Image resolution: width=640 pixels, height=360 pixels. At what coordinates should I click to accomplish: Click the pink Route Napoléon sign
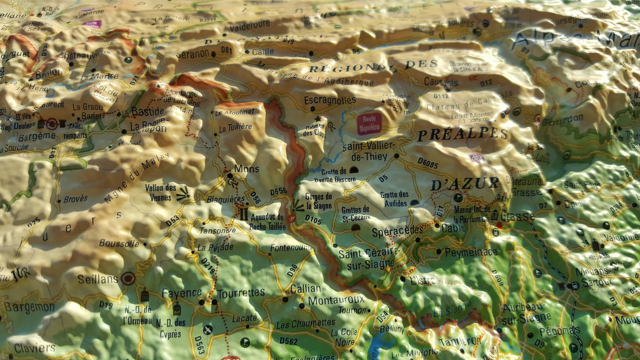pos(369,124)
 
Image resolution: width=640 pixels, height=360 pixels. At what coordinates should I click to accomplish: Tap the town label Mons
pos(247,169)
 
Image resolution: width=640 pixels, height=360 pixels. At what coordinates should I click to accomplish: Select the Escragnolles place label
pos(330,101)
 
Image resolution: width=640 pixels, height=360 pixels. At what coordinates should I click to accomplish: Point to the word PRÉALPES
pos(463,134)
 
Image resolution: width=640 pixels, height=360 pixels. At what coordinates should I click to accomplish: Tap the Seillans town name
pos(97,279)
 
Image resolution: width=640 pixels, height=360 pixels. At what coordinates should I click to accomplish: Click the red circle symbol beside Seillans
pos(128,279)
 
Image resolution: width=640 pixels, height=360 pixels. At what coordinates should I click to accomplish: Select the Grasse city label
pos(518,216)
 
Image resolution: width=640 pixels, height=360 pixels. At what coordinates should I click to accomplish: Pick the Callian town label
pos(305,289)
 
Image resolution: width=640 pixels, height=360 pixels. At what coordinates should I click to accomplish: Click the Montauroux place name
pos(336,300)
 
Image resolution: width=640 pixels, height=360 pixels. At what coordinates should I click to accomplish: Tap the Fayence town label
pos(181,293)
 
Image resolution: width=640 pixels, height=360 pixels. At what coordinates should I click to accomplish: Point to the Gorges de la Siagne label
pos(318,201)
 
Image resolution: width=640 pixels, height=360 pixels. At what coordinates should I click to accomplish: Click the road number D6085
pos(428,163)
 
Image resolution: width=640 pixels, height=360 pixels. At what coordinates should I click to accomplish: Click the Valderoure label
pos(250,26)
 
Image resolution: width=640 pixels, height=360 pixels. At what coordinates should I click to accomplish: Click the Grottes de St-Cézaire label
pos(355,214)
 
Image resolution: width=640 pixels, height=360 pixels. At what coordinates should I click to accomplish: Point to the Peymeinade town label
pos(471,252)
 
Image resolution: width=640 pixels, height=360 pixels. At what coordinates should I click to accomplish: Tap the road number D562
pos(288,341)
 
